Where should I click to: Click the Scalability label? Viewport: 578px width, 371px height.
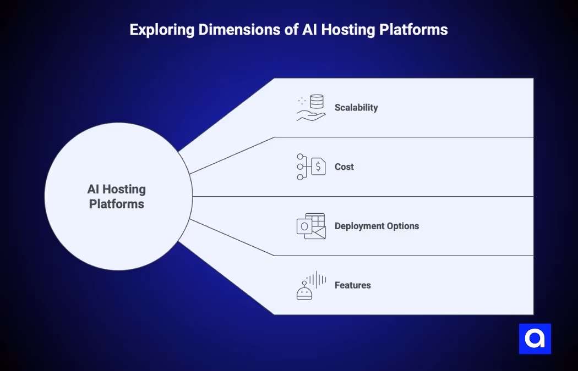click(356, 108)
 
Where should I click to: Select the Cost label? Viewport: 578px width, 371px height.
click(344, 167)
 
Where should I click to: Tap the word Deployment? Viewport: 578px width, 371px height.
click(359, 226)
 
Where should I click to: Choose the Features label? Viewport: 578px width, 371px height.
click(352, 286)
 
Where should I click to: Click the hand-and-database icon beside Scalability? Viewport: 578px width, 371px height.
click(310, 108)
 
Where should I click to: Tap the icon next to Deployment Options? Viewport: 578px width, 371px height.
click(311, 226)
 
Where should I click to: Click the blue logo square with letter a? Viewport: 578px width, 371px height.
click(535, 339)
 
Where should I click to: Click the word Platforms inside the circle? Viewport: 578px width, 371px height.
click(117, 204)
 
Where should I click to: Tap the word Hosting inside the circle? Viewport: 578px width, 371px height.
click(125, 190)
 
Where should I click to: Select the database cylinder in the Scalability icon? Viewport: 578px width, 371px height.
click(317, 101)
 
